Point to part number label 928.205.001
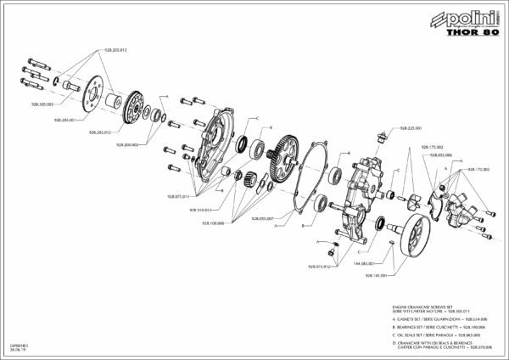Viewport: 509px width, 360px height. click(x=65, y=121)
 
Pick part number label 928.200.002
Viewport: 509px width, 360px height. click(x=126, y=144)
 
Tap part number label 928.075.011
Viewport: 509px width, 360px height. click(x=176, y=196)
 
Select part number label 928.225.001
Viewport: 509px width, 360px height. click(x=399, y=128)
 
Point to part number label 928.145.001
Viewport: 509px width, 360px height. click(x=376, y=275)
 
